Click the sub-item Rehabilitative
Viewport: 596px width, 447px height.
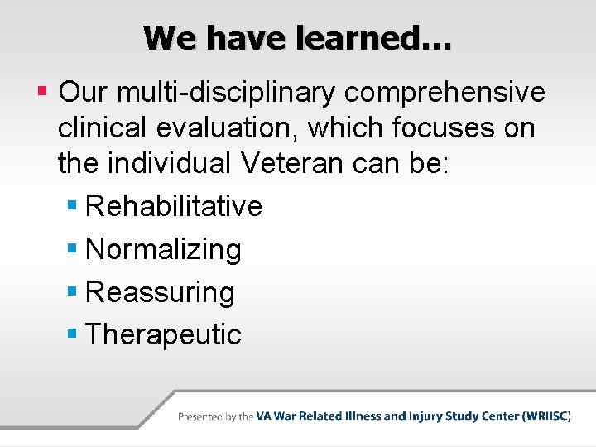point(174,206)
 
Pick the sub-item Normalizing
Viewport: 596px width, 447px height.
point(163,249)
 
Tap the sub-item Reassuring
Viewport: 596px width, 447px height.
point(160,292)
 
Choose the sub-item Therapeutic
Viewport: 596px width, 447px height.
point(163,335)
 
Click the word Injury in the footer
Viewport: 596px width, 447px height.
point(428,416)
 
